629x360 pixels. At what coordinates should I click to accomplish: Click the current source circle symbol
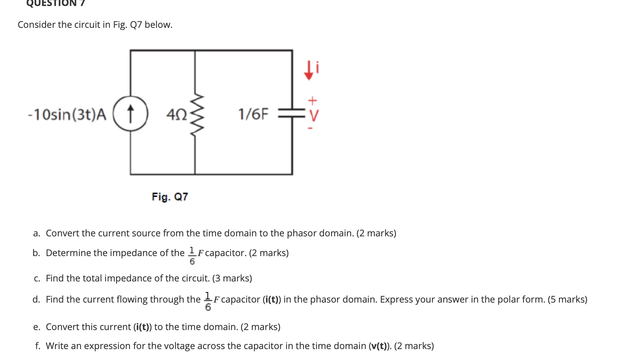coord(130,113)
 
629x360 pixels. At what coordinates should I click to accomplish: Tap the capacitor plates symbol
coord(292,113)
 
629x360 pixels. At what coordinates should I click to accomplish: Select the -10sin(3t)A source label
coord(67,114)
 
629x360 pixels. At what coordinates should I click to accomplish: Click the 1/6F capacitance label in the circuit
coord(253,114)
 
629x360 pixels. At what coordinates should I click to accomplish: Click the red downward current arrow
coord(309,70)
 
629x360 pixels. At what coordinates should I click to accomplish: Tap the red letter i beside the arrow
coord(318,67)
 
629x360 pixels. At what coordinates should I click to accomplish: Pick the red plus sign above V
coord(312,101)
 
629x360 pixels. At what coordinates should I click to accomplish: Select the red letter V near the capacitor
coord(313,115)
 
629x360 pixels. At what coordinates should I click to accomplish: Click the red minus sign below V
coord(310,128)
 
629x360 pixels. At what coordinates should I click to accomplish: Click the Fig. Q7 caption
coord(170,197)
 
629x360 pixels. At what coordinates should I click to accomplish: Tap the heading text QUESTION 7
coord(55,3)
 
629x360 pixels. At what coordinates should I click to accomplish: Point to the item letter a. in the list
coord(37,233)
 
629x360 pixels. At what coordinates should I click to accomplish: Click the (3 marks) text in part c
coord(232,278)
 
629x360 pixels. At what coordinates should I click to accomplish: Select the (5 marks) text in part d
coord(567,299)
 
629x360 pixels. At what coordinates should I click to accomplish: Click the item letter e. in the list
coord(37,327)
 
